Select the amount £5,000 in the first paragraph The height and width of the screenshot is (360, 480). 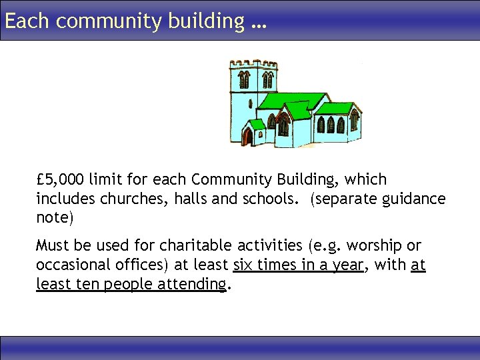[x=61, y=180]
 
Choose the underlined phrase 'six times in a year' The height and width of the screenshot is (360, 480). [x=298, y=265]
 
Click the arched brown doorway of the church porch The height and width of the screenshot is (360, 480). [x=248, y=137]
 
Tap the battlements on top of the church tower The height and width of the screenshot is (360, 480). [x=254, y=63]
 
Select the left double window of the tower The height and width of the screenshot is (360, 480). [x=244, y=80]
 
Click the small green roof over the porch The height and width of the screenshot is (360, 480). [x=255, y=124]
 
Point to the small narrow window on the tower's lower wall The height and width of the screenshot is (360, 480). [x=251, y=105]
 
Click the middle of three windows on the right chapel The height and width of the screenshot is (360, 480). [x=330, y=125]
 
